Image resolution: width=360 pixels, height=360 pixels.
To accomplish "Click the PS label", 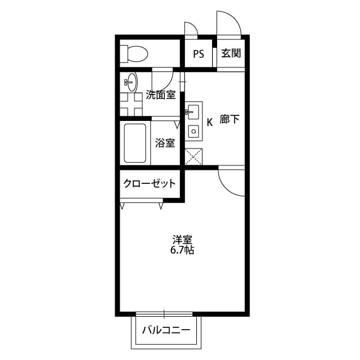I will pos(198,54).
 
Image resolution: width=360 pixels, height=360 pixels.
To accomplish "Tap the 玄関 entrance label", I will pos(231,54).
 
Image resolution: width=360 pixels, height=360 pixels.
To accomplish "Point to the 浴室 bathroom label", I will pos(165,143).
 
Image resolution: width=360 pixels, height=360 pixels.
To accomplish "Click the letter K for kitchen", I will pos(209,121).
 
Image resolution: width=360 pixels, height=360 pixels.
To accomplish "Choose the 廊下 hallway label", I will pos(229,120).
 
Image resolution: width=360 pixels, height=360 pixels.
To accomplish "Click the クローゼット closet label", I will pos(150,183).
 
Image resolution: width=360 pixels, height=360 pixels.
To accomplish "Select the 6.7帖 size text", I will pos(182,250).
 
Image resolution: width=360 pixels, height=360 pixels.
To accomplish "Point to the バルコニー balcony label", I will pos(166,330).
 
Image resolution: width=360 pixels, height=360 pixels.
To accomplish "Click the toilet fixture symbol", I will pos(134,54).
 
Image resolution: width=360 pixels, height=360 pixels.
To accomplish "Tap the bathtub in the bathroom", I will pos(136,143).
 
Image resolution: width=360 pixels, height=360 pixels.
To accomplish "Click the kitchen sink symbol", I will pos(193,111).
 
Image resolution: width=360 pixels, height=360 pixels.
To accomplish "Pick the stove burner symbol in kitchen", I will pos(193,133).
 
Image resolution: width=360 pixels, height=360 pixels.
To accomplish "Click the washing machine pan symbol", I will pos(132,104).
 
